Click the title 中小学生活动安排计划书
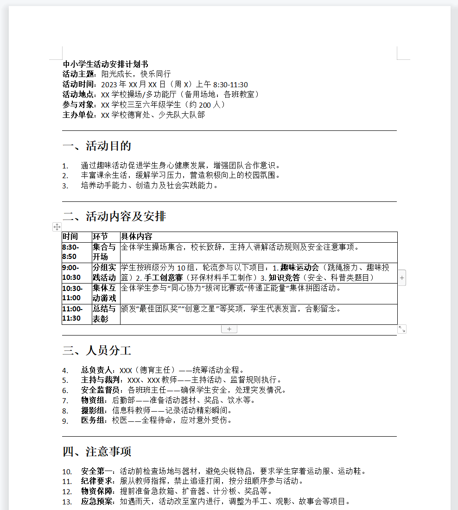tap(105, 64)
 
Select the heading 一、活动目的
tap(97, 146)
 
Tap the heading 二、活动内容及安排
tap(114, 217)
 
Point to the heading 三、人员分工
tap(97, 350)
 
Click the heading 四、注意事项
tap(97, 452)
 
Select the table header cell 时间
tap(70, 237)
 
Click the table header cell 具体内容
tap(137, 237)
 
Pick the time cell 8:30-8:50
tap(71, 252)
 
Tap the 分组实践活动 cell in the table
tap(104, 272)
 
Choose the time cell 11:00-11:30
tap(72, 314)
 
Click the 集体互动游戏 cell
tap(104, 293)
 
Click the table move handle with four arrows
tap(57, 226)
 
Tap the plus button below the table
tap(229, 329)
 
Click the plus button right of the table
tap(402, 278)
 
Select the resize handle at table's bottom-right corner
tap(402, 329)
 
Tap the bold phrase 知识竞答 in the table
tap(284, 278)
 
